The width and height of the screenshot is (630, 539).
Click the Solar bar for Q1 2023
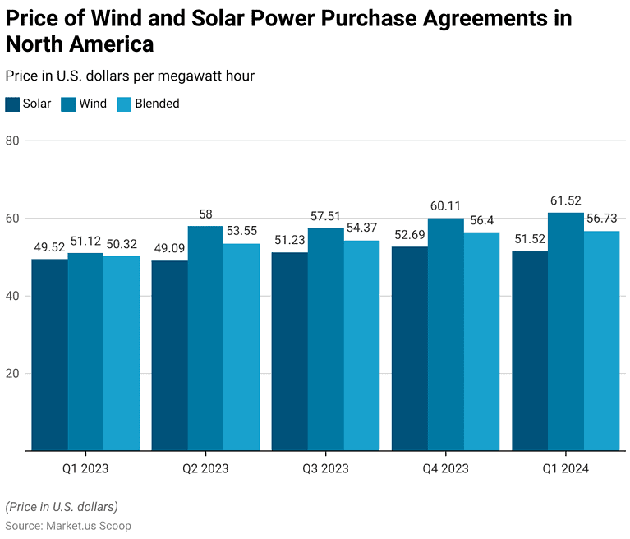(49, 355)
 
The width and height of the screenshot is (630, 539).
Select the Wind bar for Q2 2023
(205, 338)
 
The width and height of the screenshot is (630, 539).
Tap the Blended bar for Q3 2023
(361, 345)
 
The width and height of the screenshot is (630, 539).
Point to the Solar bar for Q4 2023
(409, 348)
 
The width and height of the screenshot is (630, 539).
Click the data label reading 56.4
(481, 220)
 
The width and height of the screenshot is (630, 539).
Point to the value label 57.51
(325, 216)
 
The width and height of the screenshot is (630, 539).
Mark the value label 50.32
(122, 244)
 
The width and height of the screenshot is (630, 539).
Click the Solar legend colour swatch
(12, 104)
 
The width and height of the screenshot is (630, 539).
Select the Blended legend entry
(148, 104)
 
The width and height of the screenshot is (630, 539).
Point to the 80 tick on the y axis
(12, 141)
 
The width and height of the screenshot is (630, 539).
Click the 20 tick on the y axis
(12, 374)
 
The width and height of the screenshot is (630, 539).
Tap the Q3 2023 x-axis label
(325, 469)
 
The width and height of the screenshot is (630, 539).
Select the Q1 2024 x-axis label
(565, 469)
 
